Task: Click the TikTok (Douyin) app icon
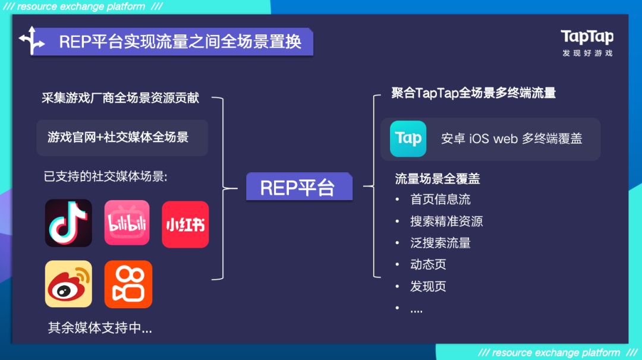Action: pos(68,223)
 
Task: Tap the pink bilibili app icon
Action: pos(127,223)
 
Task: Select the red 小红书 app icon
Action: pos(185,224)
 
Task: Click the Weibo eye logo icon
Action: pos(68,284)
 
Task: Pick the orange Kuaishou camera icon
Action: pos(128,284)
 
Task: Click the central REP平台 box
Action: pos(298,188)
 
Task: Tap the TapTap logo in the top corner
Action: pos(587,37)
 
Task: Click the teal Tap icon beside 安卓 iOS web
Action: pos(408,138)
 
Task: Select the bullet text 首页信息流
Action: pos(440,200)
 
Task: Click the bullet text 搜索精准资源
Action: pos(446,222)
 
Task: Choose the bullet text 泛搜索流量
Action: pos(440,243)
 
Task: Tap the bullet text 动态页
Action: pos(428,264)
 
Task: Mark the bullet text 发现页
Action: pos(428,286)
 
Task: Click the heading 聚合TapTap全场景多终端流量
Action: pos(473,93)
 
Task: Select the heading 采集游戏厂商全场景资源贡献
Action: pos(120,98)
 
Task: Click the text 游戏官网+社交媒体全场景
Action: pos(118,137)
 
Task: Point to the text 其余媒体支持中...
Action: pos(100,328)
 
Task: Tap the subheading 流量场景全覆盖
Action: pos(438,179)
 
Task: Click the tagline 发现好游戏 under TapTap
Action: pos(587,53)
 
